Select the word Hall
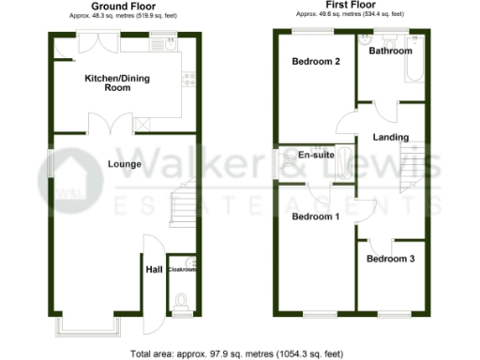point(154,270)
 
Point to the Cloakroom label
point(182,270)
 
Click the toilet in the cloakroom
point(182,300)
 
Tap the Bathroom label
point(390,51)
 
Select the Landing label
point(390,138)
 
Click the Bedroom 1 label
point(314,217)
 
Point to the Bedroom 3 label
point(389,259)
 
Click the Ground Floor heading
point(123,7)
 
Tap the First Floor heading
point(357,7)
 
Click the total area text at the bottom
point(239,353)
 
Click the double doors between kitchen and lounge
point(106,124)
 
